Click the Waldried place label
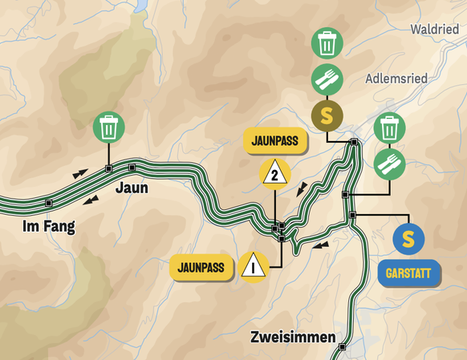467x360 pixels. pyautogui.click(x=434, y=30)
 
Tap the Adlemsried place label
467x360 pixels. pyautogui.click(x=396, y=79)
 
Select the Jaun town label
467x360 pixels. pyautogui.click(x=132, y=188)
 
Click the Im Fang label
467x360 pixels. pyautogui.click(x=48, y=227)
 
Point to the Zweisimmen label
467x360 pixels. pyautogui.click(x=291, y=337)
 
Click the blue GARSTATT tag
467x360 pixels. pyautogui.click(x=408, y=273)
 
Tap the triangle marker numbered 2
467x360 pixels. pyautogui.click(x=274, y=172)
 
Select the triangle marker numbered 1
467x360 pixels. pyautogui.click(x=254, y=265)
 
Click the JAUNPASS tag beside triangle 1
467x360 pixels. pyautogui.click(x=201, y=265)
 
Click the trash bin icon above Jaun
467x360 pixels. pyautogui.click(x=108, y=127)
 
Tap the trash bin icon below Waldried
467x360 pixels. pyautogui.click(x=327, y=44)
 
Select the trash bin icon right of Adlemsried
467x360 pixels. pyautogui.click(x=389, y=127)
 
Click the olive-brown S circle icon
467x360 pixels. pyautogui.click(x=327, y=115)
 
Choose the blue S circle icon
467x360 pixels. pyautogui.click(x=408, y=238)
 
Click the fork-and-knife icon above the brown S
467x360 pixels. pyautogui.click(x=327, y=79)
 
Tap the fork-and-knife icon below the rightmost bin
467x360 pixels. pyautogui.click(x=389, y=164)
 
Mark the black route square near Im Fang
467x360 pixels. pyautogui.click(x=49, y=202)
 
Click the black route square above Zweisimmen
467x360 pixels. pyautogui.click(x=343, y=347)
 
